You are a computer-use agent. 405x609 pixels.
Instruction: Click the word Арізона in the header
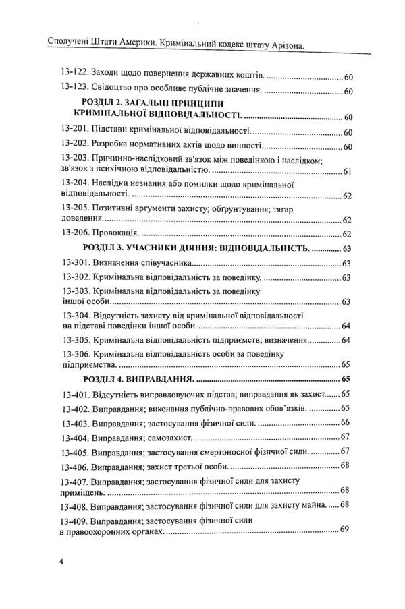279,46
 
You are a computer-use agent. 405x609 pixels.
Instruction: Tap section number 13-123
73,90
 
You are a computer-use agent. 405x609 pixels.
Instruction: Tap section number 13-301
74,263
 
